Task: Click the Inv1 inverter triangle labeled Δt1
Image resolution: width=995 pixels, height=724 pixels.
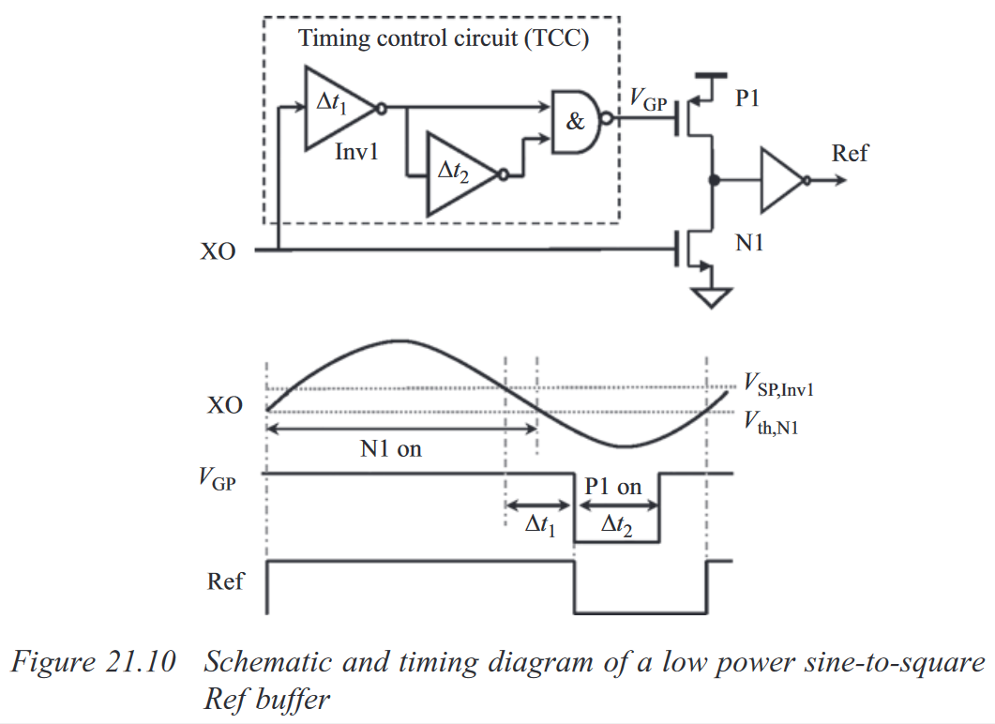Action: pyautogui.click(x=333, y=108)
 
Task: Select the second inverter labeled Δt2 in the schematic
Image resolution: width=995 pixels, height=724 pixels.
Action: pyautogui.click(x=460, y=174)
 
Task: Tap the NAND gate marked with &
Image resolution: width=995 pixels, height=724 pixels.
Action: pyautogui.click(x=575, y=121)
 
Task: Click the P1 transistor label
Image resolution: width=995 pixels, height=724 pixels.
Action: pyautogui.click(x=747, y=99)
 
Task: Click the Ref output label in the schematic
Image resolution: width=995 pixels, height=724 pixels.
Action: pyautogui.click(x=850, y=153)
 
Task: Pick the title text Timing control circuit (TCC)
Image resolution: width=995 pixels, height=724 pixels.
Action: pyautogui.click(x=445, y=39)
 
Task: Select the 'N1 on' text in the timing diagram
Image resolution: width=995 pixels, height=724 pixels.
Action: pyautogui.click(x=391, y=449)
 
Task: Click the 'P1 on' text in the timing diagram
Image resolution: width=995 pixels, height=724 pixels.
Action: pyautogui.click(x=613, y=486)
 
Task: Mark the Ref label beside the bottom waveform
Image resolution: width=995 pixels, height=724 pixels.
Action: pyautogui.click(x=225, y=581)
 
